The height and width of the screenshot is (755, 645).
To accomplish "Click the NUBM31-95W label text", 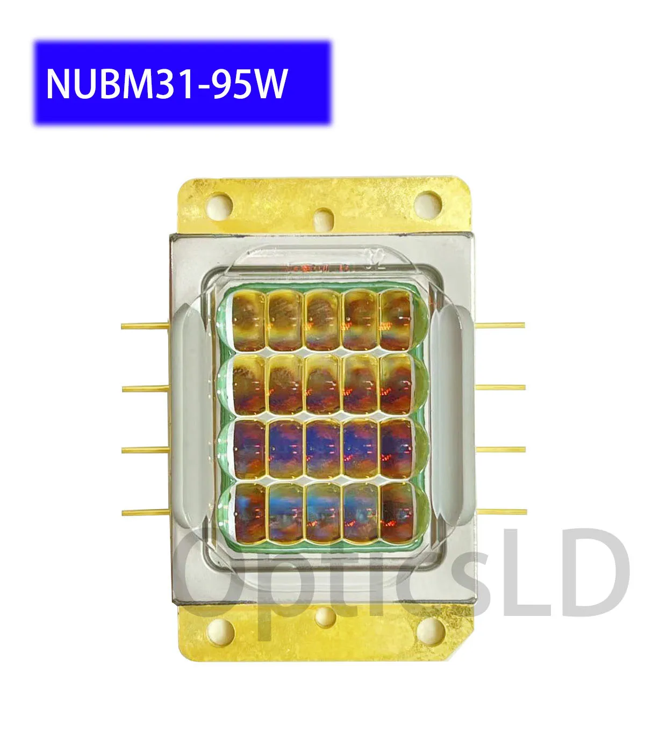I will [167, 83].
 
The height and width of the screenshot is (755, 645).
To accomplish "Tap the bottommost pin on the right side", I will [503, 512].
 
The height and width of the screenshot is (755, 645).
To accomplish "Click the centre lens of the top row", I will [322, 320].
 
